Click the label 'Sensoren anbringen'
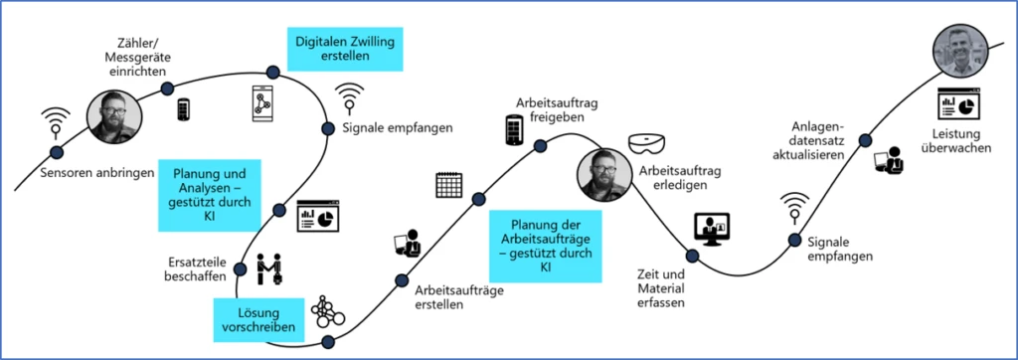click(97, 173)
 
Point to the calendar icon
click(450, 186)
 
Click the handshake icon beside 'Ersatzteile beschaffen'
click(270, 270)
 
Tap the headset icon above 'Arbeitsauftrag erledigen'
click(646, 146)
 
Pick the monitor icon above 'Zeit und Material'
click(707, 230)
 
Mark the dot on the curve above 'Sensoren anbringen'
click(55, 151)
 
